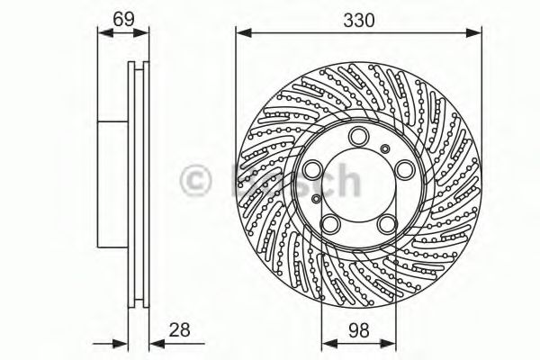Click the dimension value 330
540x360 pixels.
point(358,16)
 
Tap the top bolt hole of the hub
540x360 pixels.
point(358,136)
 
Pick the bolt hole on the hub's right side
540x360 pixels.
point(403,168)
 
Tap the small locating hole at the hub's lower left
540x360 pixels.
point(316,198)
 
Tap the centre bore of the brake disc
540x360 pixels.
point(359,180)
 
